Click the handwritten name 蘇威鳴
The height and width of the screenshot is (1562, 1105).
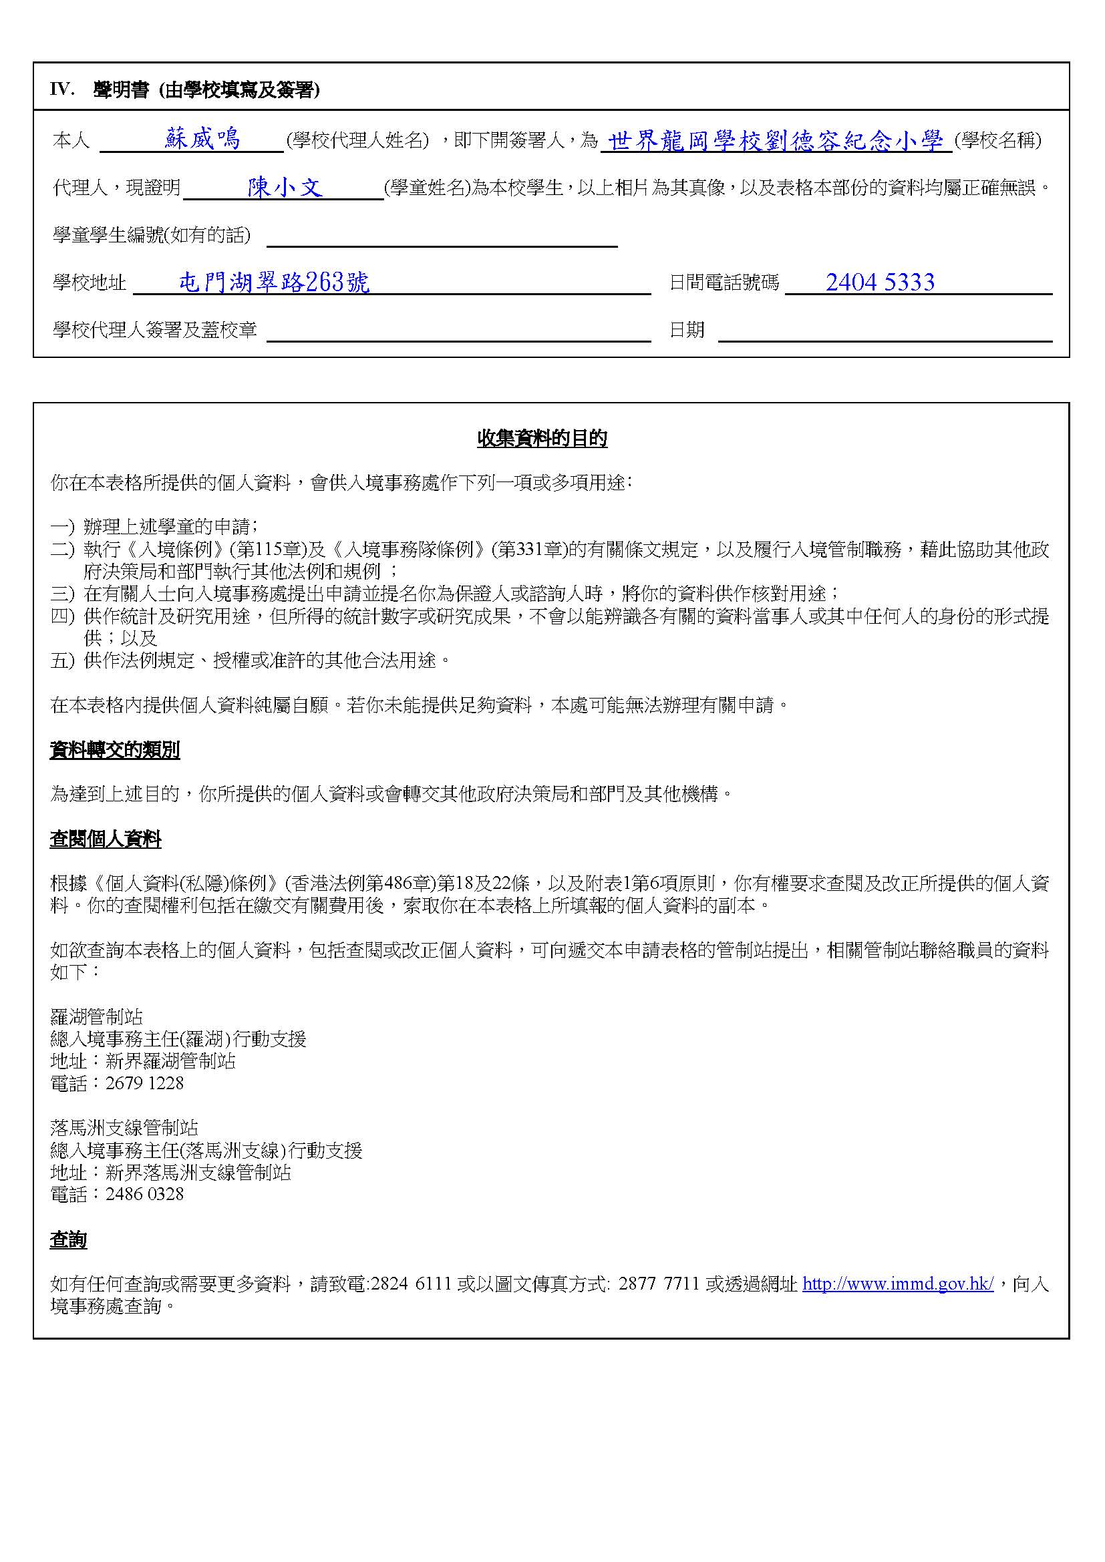coord(203,140)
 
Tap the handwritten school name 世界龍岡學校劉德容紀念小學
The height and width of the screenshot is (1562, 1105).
coord(776,141)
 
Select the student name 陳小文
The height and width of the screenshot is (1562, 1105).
coord(285,187)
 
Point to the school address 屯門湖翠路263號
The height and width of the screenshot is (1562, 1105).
coord(274,282)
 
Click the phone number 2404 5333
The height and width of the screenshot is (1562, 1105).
coord(880,282)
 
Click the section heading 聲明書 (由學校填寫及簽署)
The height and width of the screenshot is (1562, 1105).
coord(206,90)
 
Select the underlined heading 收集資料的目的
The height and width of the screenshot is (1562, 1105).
coord(542,439)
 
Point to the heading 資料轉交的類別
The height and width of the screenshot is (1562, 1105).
coord(114,751)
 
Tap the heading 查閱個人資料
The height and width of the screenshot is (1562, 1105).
coord(106,839)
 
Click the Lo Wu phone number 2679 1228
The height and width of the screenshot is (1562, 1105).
coord(144,1083)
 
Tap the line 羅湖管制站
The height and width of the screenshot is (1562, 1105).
coord(97,1016)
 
